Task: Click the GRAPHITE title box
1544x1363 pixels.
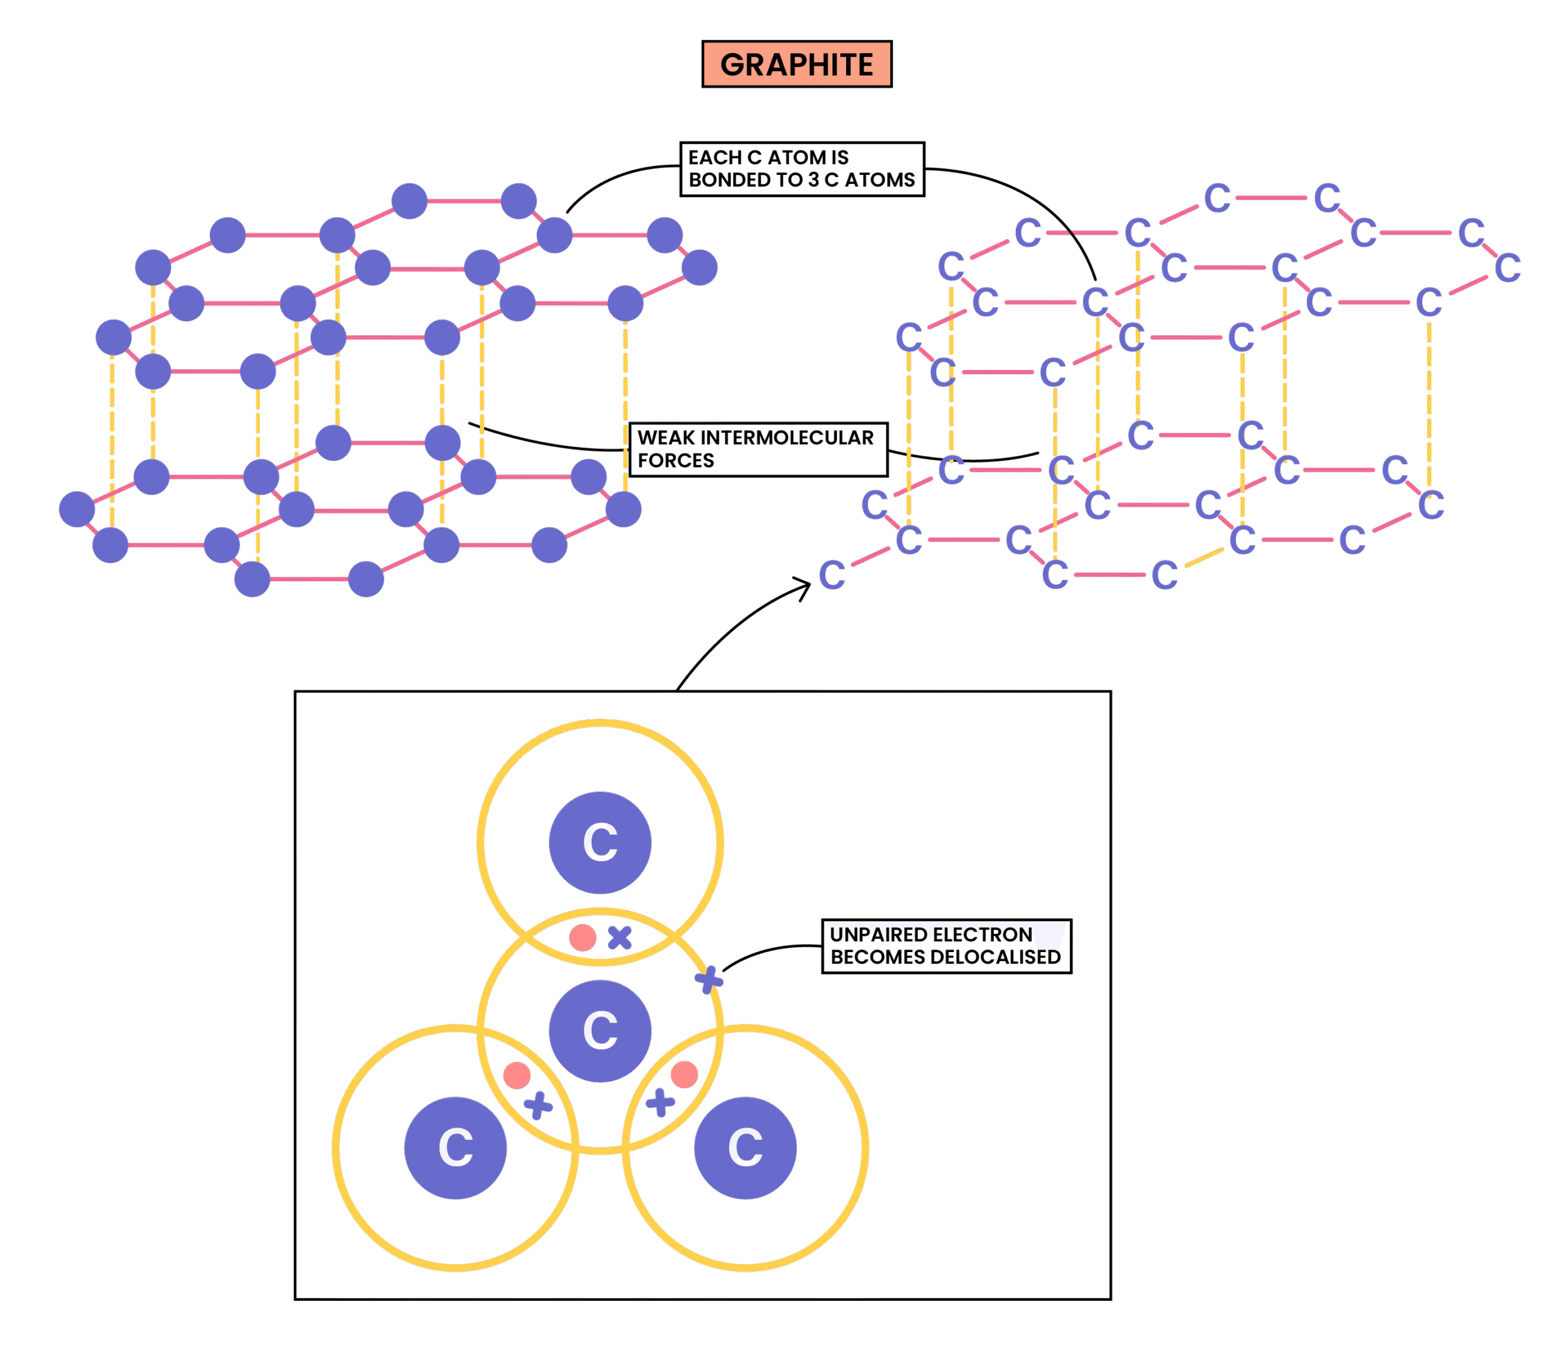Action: click(796, 64)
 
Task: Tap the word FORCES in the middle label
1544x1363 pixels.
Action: click(675, 460)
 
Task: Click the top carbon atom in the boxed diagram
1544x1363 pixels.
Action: click(600, 842)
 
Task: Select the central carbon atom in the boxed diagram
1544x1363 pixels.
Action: click(600, 1031)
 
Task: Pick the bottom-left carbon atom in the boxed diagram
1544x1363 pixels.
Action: click(455, 1148)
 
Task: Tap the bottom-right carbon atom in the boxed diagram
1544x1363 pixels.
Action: click(745, 1148)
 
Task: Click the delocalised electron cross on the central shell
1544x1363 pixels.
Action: click(709, 980)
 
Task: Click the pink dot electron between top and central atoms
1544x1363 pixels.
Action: click(583, 938)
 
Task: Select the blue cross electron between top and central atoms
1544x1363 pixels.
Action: click(619, 938)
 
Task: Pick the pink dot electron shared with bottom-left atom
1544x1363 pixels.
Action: click(517, 1075)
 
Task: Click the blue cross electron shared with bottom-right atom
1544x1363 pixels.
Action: click(660, 1102)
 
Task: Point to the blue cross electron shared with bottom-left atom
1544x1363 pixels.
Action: click(538, 1105)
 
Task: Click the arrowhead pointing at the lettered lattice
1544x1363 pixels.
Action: click(805, 585)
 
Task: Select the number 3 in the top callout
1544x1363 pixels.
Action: click(814, 180)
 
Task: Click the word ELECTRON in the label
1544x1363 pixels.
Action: click(982, 935)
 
